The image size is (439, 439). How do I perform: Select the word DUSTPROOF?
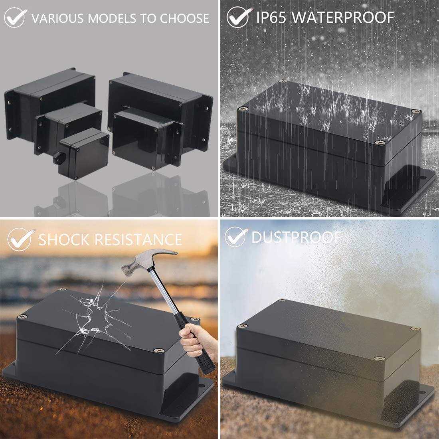(x=296, y=237)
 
